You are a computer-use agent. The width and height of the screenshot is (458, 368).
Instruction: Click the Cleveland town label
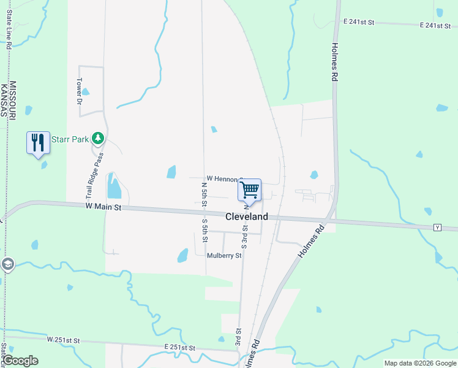(x=247, y=217)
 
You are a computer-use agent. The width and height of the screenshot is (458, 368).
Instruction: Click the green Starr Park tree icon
(x=97, y=137)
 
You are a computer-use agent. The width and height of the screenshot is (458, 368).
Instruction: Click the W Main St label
(x=104, y=208)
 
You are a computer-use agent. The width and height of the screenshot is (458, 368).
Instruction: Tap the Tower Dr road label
(x=79, y=91)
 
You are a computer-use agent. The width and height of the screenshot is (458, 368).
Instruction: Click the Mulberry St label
(x=224, y=255)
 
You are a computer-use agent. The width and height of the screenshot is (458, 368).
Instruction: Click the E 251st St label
(x=179, y=348)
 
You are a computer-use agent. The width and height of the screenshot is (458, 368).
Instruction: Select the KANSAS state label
(x=4, y=99)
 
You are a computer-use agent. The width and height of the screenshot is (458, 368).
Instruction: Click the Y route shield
(x=437, y=228)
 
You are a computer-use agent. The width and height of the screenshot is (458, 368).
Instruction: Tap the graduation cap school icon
(x=7, y=265)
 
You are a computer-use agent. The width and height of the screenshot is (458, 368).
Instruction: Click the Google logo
(x=20, y=361)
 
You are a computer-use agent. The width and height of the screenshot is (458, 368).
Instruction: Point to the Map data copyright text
(x=419, y=363)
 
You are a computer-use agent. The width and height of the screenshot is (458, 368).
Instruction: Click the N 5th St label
(x=205, y=193)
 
